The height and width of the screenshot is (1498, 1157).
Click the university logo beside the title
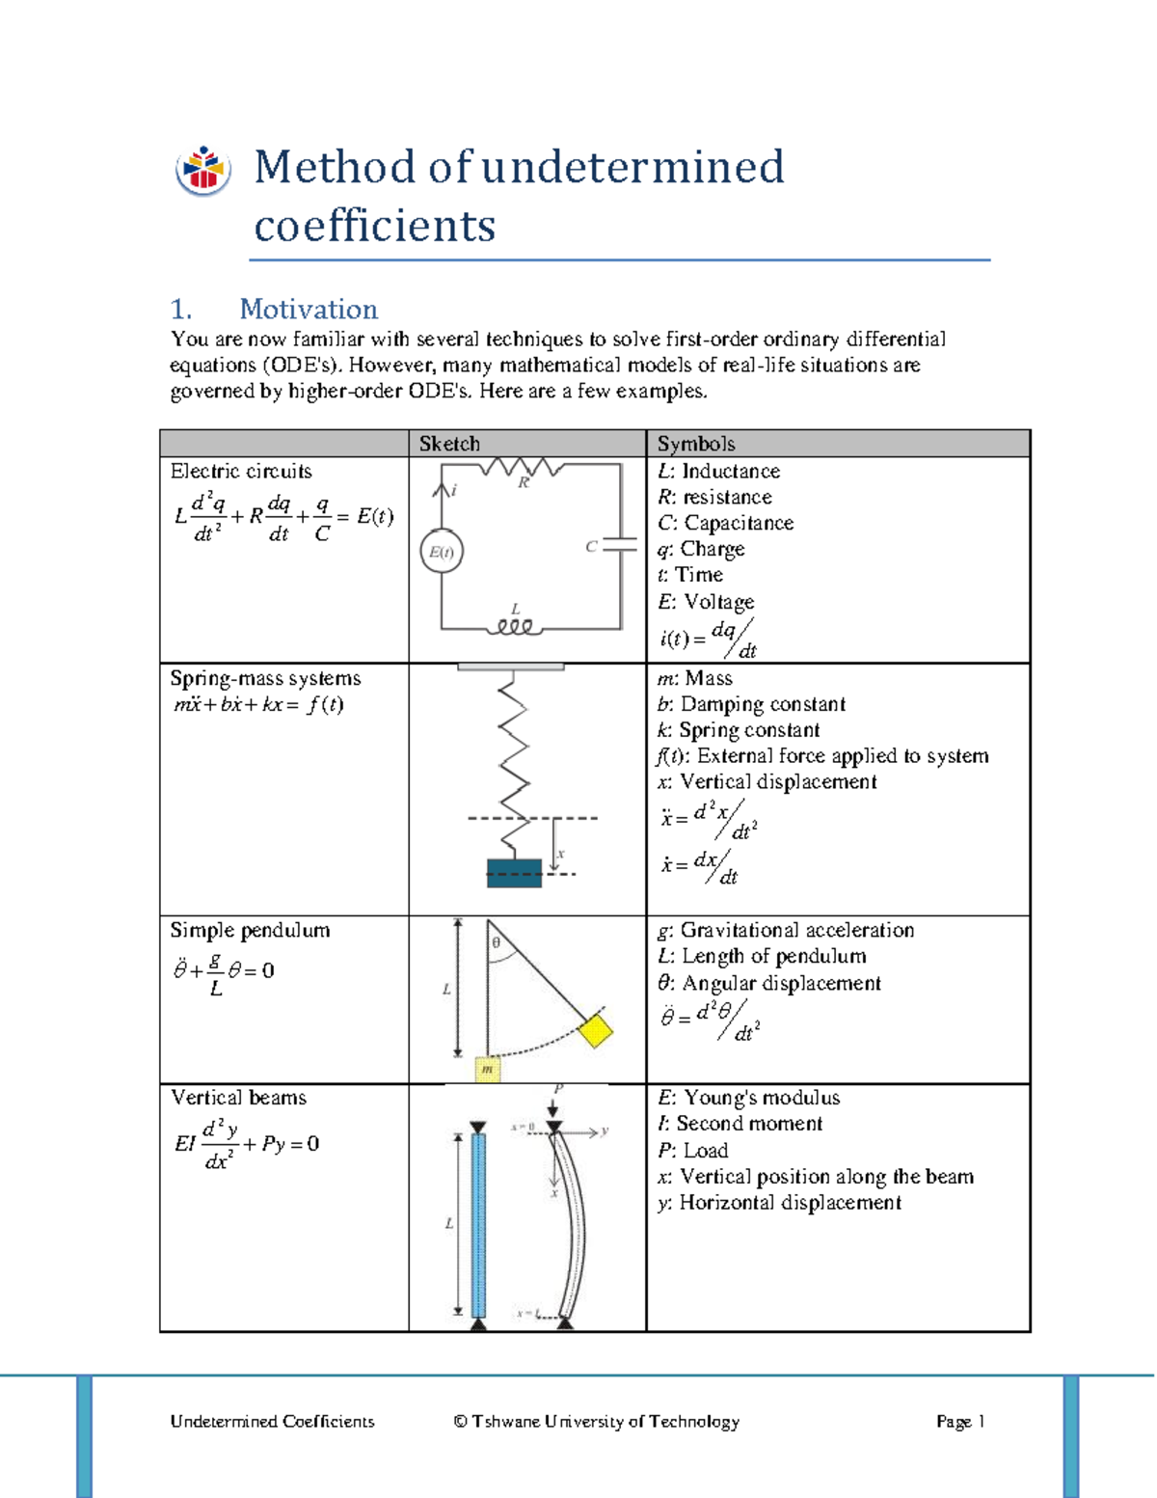point(203,171)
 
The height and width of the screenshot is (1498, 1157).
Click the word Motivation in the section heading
point(308,309)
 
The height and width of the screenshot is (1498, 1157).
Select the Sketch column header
point(449,444)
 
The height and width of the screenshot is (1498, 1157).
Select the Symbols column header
point(696,444)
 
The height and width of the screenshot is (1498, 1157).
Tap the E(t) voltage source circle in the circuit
point(442,553)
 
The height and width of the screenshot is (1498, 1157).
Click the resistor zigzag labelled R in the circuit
point(522,468)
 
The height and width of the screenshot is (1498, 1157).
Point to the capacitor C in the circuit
point(619,546)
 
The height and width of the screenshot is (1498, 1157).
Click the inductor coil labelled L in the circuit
point(515,627)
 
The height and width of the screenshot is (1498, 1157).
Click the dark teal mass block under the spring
point(514,873)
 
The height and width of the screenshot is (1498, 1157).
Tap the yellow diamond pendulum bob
point(595,1029)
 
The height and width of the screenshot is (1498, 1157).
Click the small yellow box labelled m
point(488,1069)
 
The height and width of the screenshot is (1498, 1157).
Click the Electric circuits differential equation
point(283,518)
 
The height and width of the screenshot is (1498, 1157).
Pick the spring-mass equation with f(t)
point(258,704)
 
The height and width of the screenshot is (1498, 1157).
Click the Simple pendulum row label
point(250,931)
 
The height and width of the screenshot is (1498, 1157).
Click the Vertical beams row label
point(238,1098)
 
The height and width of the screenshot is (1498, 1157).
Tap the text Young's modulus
point(761,1098)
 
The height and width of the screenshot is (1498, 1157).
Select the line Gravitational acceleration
point(796,931)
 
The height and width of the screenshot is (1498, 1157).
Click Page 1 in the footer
point(959,1421)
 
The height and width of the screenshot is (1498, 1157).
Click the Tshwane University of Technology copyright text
point(596,1421)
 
